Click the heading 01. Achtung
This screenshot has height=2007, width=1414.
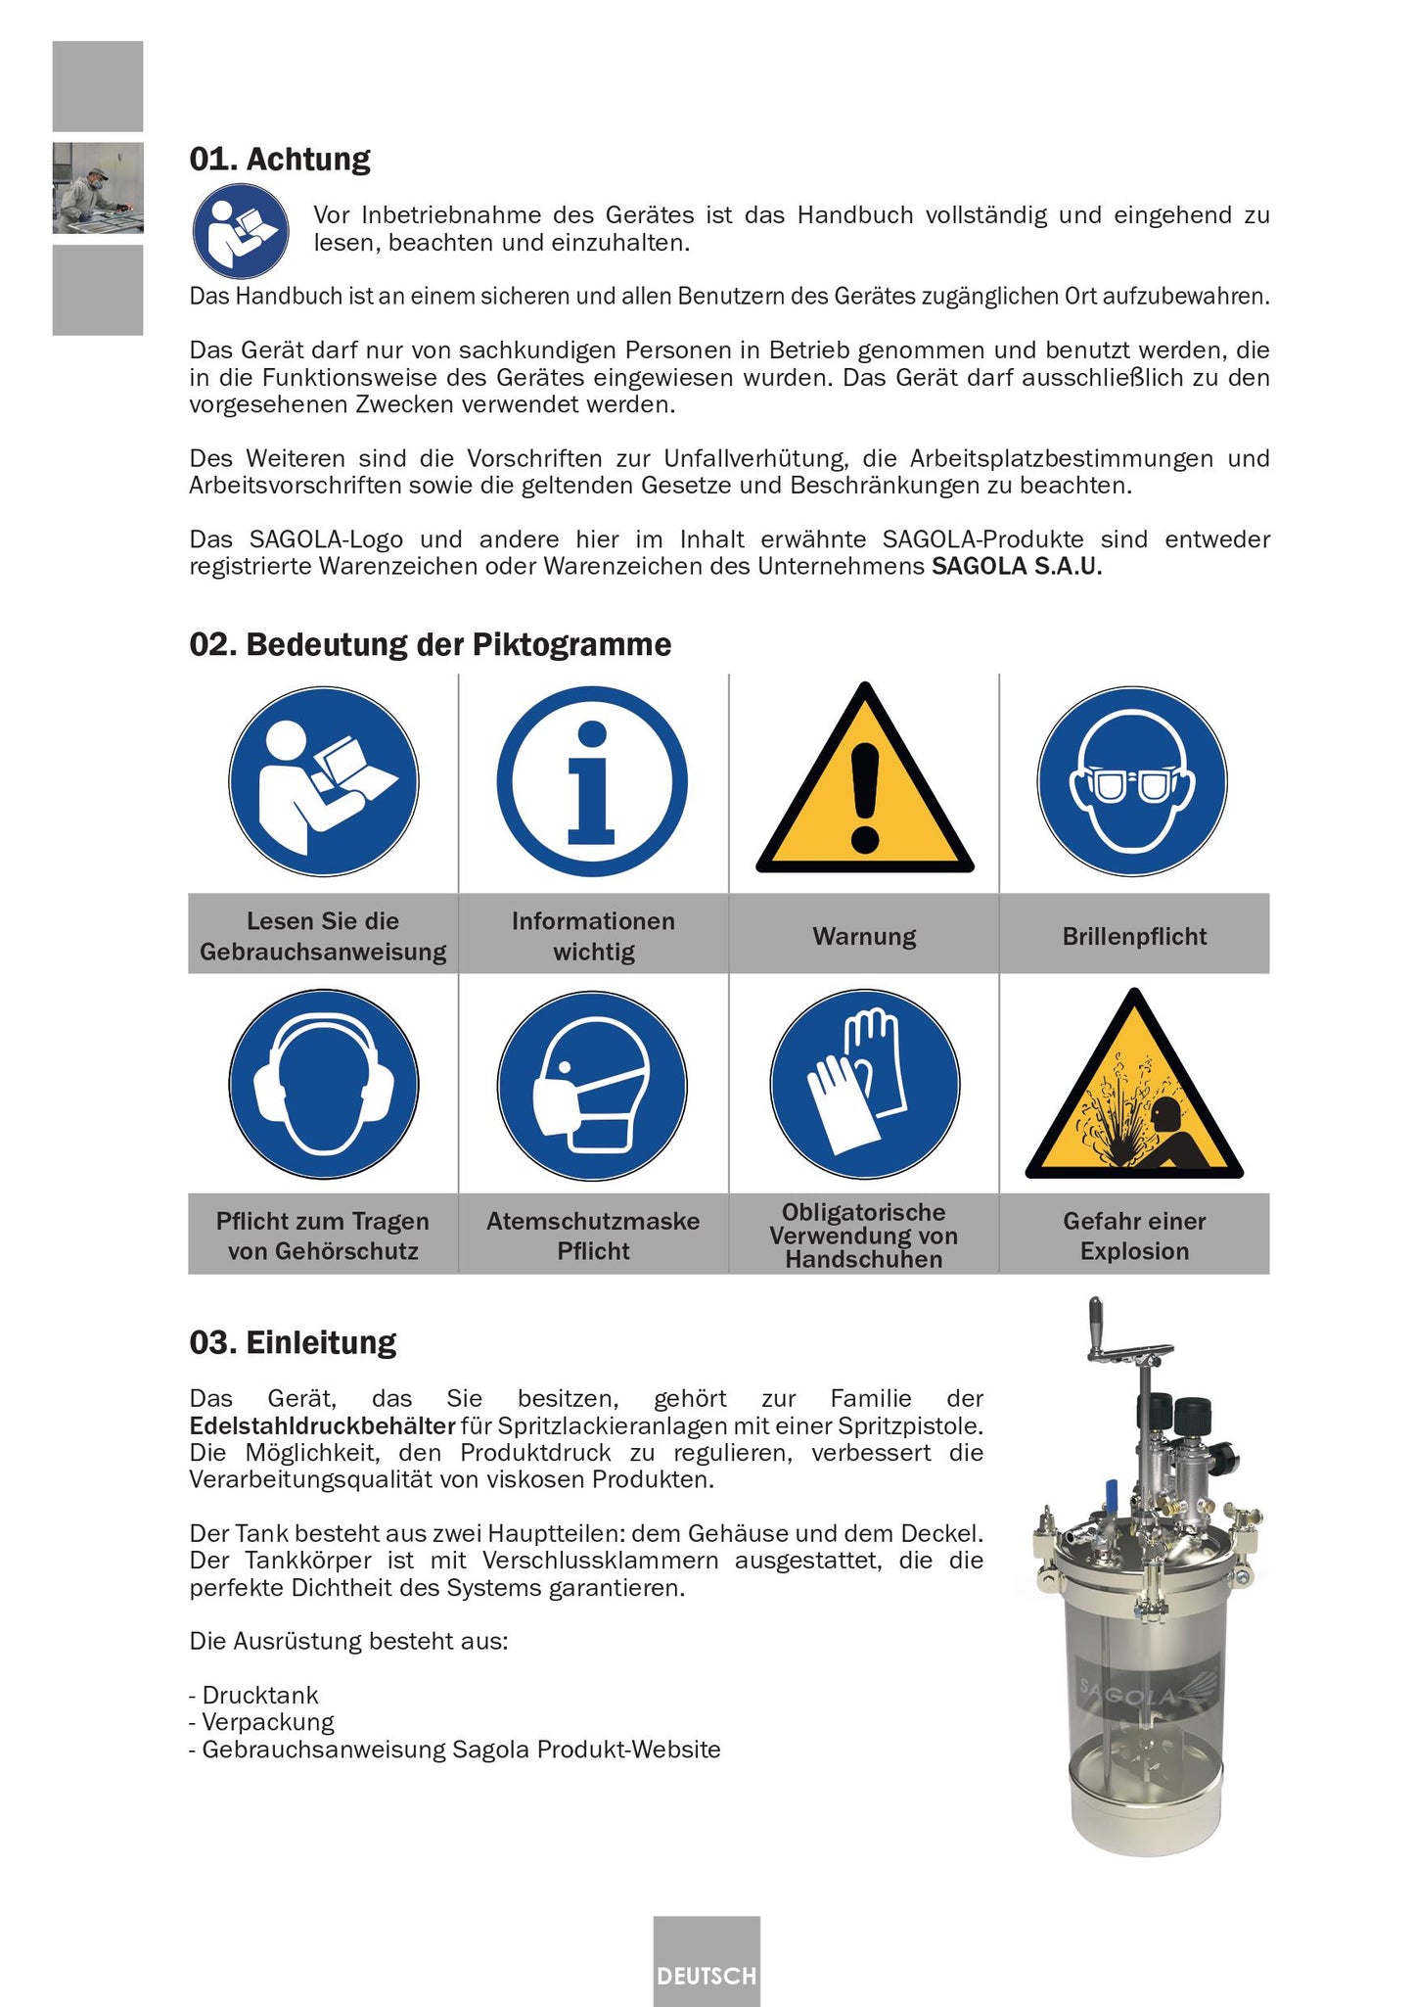pyautogui.click(x=280, y=159)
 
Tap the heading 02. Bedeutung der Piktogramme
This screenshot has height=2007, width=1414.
pyautogui.click(x=430, y=644)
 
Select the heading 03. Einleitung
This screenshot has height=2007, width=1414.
pyautogui.click(x=293, y=1341)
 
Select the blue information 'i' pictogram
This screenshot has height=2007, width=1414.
pyautogui.click(x=592, y=781)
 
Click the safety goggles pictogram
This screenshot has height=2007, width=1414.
pyautogui.click(x=1132, y=781)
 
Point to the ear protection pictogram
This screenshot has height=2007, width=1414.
pyautogui.click(x=324, y=1084)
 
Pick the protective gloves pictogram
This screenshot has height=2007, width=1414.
pyautogui.click(x=864, y=1084)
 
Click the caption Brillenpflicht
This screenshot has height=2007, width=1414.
pyautogui.click(x=1134, y=936)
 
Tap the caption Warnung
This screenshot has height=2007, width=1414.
pyautogui.click(x=864, y=936)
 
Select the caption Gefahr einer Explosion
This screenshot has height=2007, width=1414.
pyautogui.click(x=1134, y=1236)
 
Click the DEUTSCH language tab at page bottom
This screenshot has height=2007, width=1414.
pyautogui.click(x=707, y=1975)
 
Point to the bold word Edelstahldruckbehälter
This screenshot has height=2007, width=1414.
pyautogui.click(x=323, y=1425)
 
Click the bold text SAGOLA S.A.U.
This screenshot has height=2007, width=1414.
pyautogui.click(x=1016, y=566)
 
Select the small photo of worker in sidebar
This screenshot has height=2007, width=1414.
pyautogui.click(x=98, y=188)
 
